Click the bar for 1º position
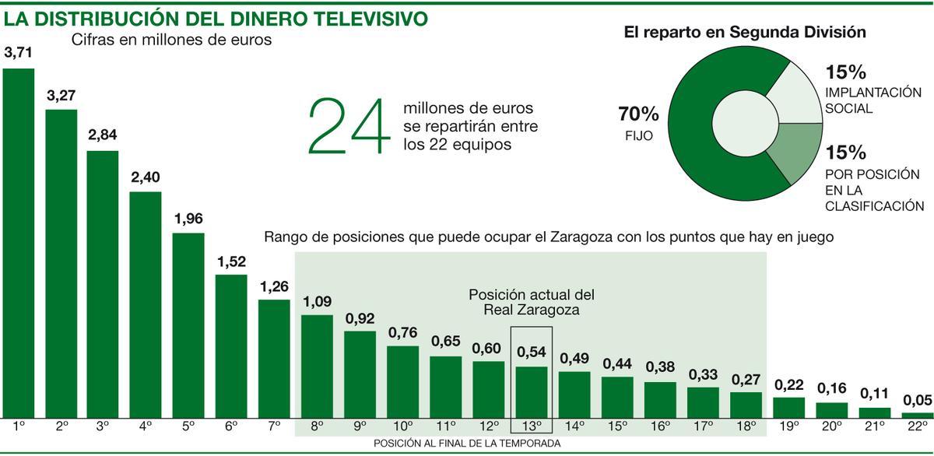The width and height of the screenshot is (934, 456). [x=19, y=243]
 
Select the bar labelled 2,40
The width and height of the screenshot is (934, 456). [x=145, y=304]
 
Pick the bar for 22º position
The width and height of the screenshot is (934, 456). [x=918, y=415]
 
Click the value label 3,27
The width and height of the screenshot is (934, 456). [x=61, y=96]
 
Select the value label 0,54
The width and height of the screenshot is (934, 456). [x=532, y=353]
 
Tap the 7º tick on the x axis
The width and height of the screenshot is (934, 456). [x=273, y=426]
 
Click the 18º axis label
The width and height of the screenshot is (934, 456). [x=746, y=426]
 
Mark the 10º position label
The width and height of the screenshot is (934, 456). [x=402, y=426]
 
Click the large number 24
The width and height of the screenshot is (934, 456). [x=348, y=126]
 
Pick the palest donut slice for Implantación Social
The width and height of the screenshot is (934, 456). [x=794, y=90]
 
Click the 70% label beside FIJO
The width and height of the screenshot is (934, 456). [x=638, y=114]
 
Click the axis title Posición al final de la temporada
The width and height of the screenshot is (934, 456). [x=467, y=443]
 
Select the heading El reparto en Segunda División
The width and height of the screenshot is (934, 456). [x=745, y=33]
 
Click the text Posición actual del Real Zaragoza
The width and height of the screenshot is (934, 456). [x=532, y=302]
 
